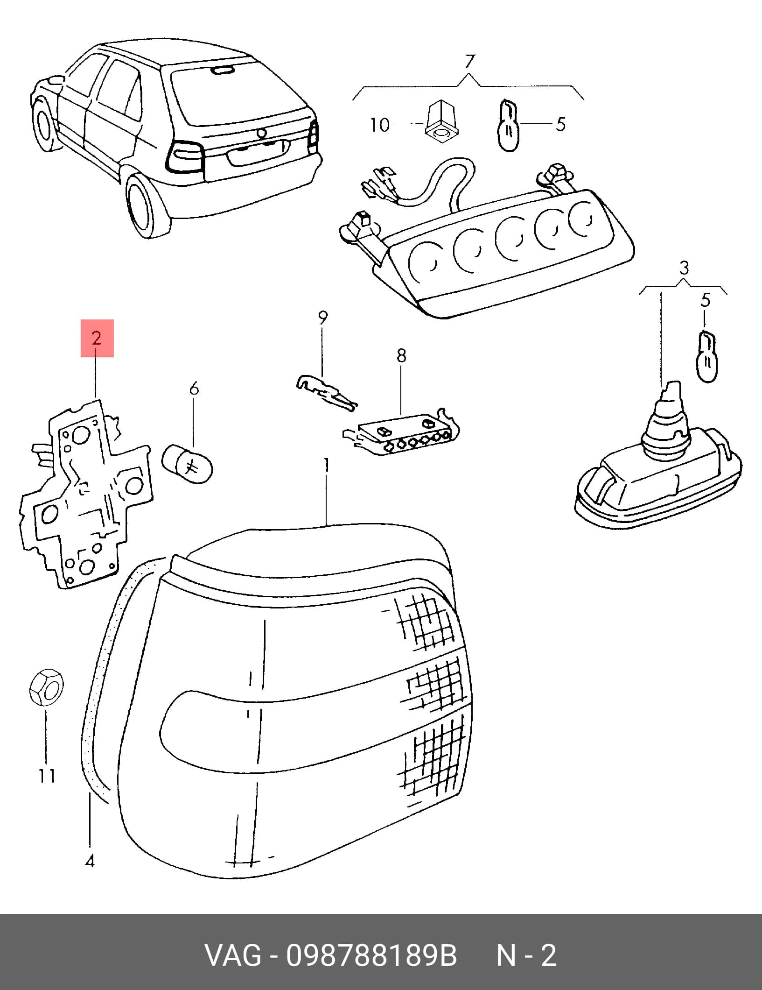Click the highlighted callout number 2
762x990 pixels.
pyautogui.click(x=97, y=338)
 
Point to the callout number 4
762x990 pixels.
pyautogui.click(x=90, y=860)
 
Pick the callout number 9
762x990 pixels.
pyautogui.click(x=323, y=318)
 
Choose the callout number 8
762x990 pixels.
pyautogui.click(x=401, y=355)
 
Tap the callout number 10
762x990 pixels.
pyautogui.click(x=380, y=125)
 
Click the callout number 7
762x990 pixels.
pyautogui.click(x=470, y=62)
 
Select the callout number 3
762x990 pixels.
pyautogui.click(x=684, y=268)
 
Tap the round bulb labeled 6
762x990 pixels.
pyautogui.click(x=188, y=464)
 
